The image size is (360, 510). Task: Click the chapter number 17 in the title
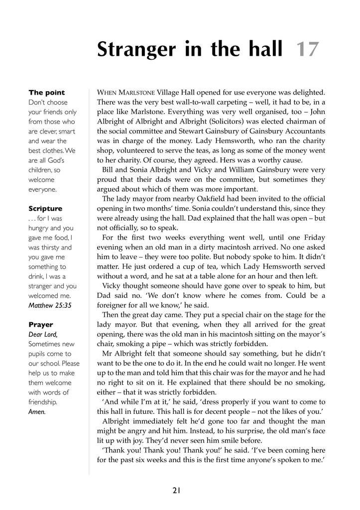tap(307, 50)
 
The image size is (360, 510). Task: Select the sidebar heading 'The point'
tap(47, 93)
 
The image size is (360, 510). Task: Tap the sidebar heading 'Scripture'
tap(45, 209)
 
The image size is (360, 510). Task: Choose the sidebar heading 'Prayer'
tap(41, 325)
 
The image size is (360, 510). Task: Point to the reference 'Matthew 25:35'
tap(50, 305)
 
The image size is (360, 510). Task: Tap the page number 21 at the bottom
tap(176, 491)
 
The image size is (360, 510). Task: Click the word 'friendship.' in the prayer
tap(43, 402)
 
